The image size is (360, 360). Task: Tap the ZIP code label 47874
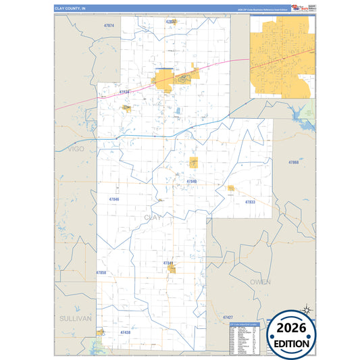pos(109,26)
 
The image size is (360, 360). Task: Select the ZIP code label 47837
pos(171,22)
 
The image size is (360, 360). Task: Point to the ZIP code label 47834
pos(124,92)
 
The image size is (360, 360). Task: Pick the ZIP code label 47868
pos(293,163)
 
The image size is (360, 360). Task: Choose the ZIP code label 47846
pos(113,199)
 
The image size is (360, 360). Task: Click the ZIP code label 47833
pos(250,202)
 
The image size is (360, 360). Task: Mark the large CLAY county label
pos(153,217)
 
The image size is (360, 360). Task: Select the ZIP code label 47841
pos(168,263)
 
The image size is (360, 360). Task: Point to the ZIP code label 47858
pos(101,272)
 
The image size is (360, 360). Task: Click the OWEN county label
pos(260,282)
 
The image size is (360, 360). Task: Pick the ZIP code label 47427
pos(228,317)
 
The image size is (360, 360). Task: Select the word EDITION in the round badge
pos(291,343)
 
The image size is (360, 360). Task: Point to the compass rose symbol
pos(305,310)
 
